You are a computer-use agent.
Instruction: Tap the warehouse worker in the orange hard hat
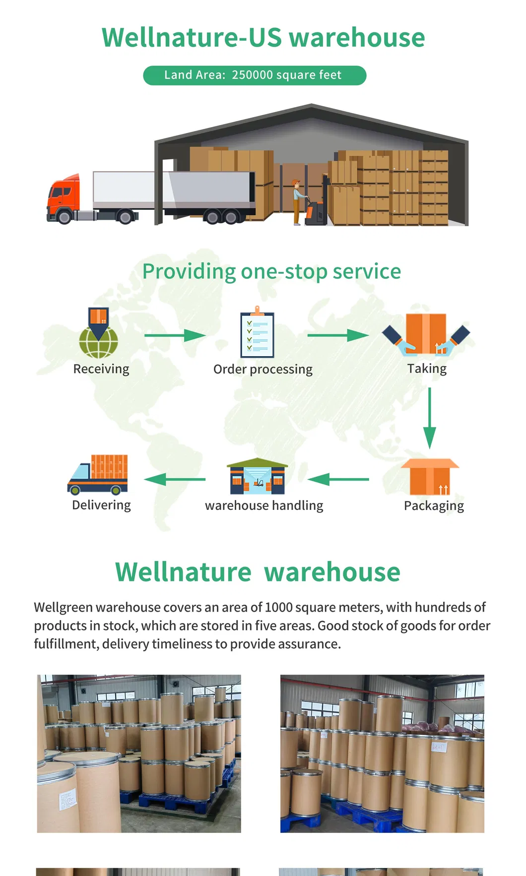click(298, 201)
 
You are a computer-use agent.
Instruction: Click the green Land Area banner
click(255, 75)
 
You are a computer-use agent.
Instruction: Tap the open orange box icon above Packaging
click(430, 477)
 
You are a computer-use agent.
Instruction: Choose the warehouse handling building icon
click(257, 477)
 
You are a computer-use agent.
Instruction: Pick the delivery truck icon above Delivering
click(98, 475)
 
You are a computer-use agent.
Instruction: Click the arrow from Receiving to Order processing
click(175, 335)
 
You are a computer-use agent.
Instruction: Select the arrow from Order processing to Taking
click(337, 335)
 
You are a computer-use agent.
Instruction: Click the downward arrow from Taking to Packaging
click(430, 418)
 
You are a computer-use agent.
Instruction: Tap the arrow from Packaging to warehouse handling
click(338, 479)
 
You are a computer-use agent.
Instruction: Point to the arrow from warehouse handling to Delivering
click(175, 479)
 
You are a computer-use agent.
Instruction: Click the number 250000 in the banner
click(252, 75)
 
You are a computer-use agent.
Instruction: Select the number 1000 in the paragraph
click(279, 607)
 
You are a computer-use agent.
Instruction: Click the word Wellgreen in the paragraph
click(63, 607)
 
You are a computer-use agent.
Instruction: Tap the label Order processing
click(263, 369)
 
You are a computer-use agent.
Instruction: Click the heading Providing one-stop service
click(271, 271)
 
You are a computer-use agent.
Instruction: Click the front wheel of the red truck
click(64, 216)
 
